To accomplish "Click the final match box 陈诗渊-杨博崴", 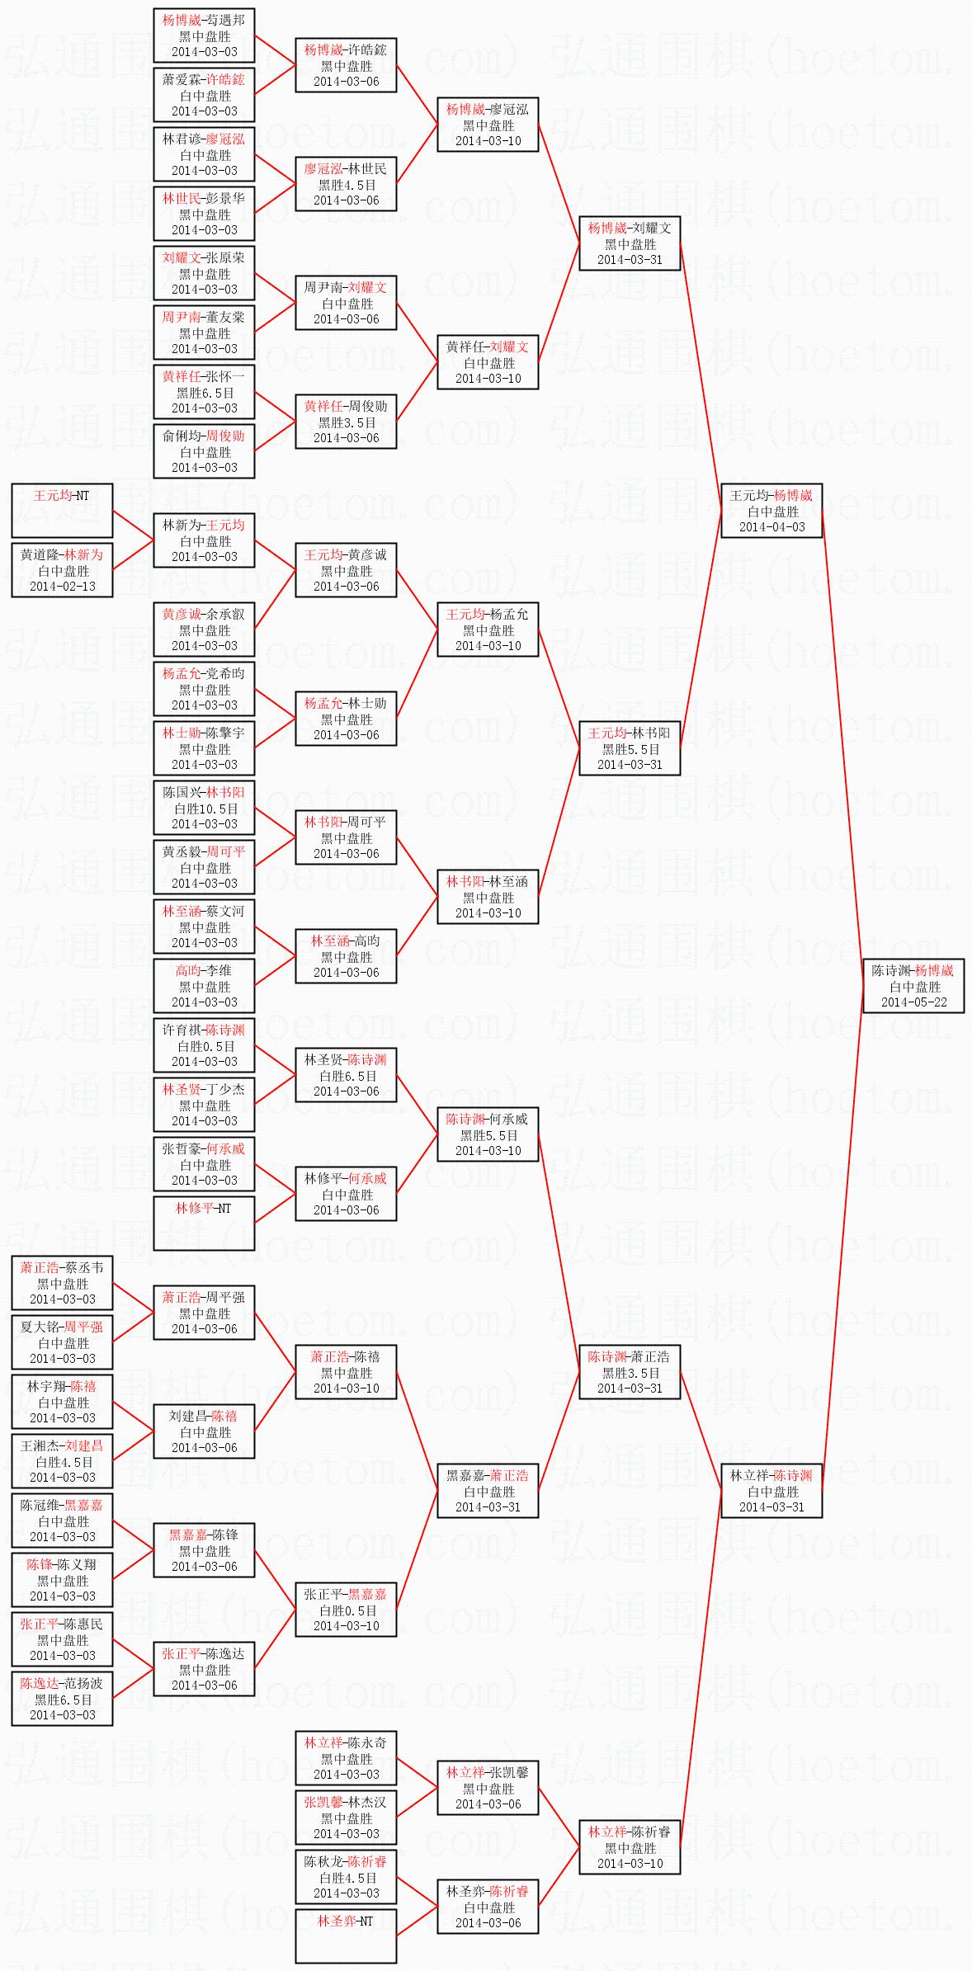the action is coord(913,986).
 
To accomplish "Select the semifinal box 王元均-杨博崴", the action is coord(771,511).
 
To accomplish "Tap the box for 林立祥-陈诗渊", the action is coord(771,1491).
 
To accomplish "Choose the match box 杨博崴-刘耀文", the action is coord(630,243).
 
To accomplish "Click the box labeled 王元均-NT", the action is coord(62,511).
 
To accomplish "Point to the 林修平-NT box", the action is coord(204,1224).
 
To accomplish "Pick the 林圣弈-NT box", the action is coord(346,1936).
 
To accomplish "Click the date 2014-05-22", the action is coord(913,1002).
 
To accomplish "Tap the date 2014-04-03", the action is coord(771,527).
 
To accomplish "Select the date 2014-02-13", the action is coord(62,587).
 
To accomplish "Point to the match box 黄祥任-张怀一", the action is coord(204,392).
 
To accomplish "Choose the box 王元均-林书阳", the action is coord(630,748).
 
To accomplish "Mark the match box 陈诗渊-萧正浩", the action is coord(630,1372).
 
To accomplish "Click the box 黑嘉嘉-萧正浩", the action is coord(488,1491).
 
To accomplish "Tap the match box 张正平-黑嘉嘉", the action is coord(346,1610).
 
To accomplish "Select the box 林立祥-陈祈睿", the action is coord(630,1847).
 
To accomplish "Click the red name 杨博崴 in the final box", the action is coord(934,970).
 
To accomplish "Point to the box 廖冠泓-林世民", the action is coord(346,184).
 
